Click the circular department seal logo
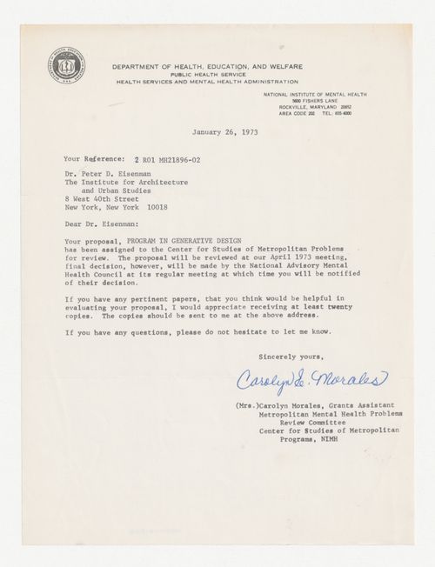(x=66, y=67)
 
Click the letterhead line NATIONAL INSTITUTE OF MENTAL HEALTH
(x=313, y=92)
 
